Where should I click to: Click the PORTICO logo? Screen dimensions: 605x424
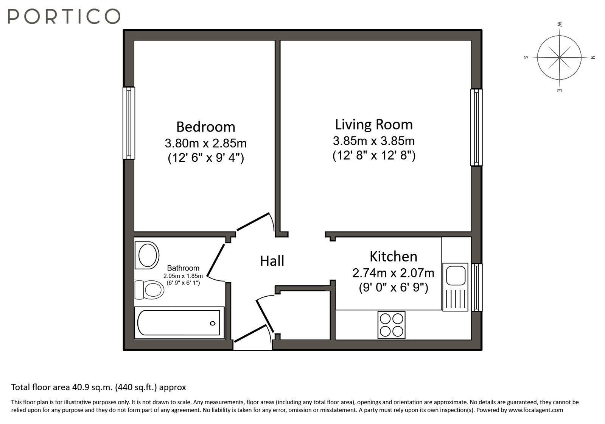[x=64, y=16]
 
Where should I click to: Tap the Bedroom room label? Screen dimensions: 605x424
[x=205, y=127]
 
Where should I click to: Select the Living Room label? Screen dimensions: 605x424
[x=374, y=125]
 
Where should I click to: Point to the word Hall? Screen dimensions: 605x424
[x=272, y=261]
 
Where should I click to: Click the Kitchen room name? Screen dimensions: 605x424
[x=393, y=257]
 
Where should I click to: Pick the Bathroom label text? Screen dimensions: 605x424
[x=183, y=268]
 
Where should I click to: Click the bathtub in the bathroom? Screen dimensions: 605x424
[x=179, y=322]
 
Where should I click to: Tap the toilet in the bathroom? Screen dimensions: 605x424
[x=149, y=290]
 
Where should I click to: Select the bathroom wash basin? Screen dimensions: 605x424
[x=147, y=255]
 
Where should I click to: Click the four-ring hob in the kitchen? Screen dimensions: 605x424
[x=391, y=325]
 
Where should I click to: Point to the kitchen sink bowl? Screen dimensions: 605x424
[x=456, y=275]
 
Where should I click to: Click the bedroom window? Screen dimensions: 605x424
[x=129, y=123]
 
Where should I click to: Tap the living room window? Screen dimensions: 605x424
[x=476, y=127]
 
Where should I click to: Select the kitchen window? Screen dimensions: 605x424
[x=477, y=288]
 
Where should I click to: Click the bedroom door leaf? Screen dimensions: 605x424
[x=253, y=222]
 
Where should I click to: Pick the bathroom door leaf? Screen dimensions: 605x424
[x=216, y=260]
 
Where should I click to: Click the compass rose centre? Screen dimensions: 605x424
[x=559, y=58]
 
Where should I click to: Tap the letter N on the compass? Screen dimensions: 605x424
[x=593, y=57]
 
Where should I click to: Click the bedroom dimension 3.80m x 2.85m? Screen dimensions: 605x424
[x=205, y=143]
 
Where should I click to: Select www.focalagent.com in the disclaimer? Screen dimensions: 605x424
[x=536, y=410]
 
